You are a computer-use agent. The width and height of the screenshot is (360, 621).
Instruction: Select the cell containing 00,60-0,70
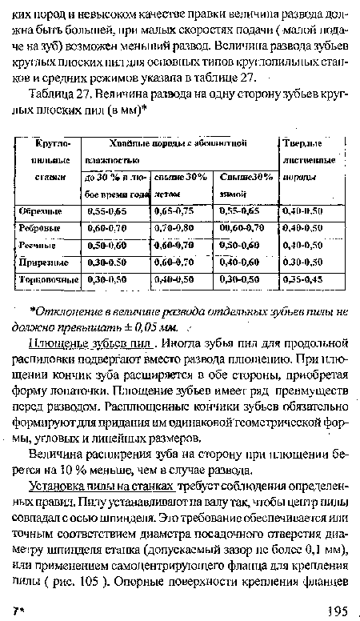(240, 228)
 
